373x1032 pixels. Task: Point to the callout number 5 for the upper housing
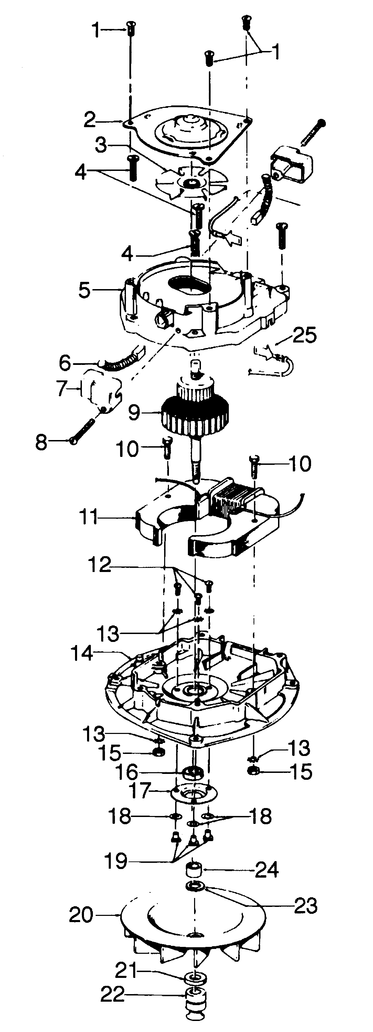click(x=84, y=290)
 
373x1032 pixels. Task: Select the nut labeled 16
click(x=194, y=772)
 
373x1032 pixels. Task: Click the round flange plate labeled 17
click(x=193, y=793)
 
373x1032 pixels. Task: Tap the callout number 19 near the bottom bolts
click(x=116, y=860)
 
